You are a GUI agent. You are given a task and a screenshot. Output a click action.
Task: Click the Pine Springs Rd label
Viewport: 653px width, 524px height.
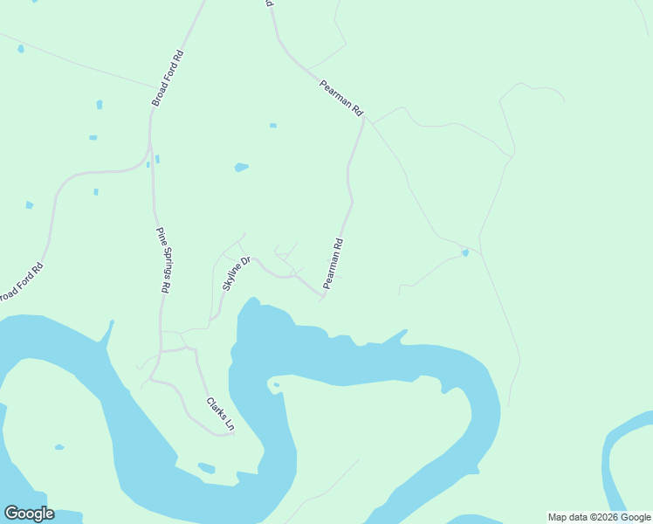click(x=164, y=259)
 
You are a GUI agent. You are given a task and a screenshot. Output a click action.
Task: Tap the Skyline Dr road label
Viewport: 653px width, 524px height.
click(x=236, y=273)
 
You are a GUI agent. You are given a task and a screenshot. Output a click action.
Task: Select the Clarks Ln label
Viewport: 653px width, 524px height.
click(x=220, y=414)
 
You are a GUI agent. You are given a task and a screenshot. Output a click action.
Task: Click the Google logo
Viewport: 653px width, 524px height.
click(x=29, y=514)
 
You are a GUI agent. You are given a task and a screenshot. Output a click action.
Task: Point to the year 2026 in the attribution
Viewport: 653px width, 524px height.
click(x=600, y=517)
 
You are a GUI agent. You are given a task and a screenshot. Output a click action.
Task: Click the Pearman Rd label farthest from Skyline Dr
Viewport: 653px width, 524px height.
click(x=341, y=96)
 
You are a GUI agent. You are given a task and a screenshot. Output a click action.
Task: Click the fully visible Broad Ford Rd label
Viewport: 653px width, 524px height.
click(x=168, y=79)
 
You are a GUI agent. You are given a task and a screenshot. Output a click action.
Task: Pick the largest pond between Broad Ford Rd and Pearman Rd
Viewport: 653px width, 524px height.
click(x=241, y=167)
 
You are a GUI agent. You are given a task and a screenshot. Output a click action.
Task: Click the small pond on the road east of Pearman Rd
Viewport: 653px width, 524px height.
click(x=465, y=253)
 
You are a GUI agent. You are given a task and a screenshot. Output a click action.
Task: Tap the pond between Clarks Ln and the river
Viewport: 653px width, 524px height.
click(x=206, y=468)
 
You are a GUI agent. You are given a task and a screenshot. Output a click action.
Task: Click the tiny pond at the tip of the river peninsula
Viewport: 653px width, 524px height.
click(x=276, y=384)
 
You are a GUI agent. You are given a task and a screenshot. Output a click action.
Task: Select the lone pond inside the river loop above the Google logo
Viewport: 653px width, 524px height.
click(x=59, y=447)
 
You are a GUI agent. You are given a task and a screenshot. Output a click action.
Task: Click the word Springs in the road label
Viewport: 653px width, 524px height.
click(x=164, y=259)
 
